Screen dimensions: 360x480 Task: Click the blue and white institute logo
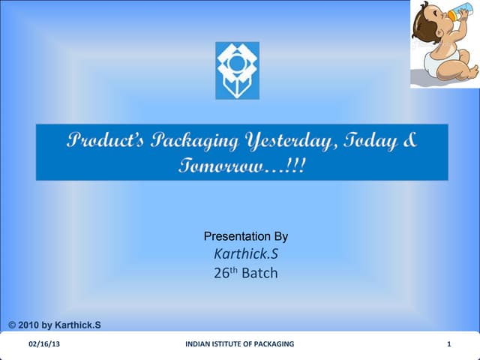(237, 70)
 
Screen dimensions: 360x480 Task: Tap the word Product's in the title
(111, 140)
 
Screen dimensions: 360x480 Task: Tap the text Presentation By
(245, 236)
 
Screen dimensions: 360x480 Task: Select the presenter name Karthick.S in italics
(245, 253)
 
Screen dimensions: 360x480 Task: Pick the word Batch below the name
(259, 273)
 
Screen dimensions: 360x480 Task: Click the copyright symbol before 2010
(13, 325)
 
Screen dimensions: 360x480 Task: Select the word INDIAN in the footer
(198, 344)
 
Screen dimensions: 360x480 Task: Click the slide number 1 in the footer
(448, 344)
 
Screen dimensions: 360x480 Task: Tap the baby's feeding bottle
(458, 16)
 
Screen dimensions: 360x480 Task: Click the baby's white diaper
(437, 62)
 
